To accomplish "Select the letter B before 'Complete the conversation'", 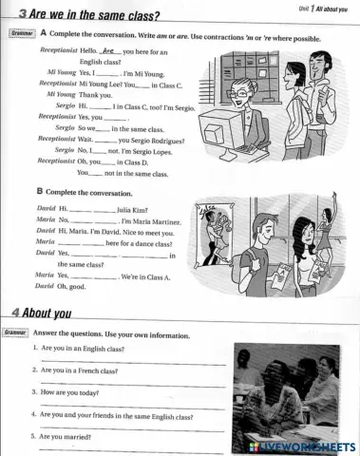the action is coord(39,191).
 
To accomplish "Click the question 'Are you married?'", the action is coord(66,436).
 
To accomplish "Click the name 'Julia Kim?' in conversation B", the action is coord(134,207).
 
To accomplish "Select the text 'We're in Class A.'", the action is coord(146,276).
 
